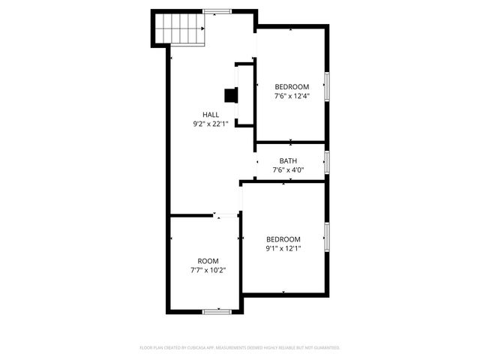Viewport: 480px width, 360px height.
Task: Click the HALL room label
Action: click(x=211, y=114)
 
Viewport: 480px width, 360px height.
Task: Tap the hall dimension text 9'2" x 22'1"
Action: click(x=211, y=124)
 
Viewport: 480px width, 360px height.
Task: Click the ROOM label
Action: click(x=208, y=261)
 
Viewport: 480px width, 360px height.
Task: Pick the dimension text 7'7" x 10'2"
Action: click(x=208, y=271)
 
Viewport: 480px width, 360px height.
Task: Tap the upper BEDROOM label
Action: click(x=292, y=86)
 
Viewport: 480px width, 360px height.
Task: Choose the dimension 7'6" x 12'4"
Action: click(x=292, y=96)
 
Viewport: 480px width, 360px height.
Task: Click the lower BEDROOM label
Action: click(x=283, y=239)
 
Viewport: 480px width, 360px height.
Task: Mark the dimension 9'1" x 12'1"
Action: click(x=283, y=249)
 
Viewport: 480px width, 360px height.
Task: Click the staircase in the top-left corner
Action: click(x=180, y=29)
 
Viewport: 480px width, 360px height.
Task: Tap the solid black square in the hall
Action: click(x=231, y=95)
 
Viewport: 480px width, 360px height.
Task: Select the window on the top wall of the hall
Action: click(x=218, y=10)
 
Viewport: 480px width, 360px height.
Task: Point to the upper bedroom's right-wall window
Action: click(x=326, y=86)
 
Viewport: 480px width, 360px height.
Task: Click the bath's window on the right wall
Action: click(x=326, y=161)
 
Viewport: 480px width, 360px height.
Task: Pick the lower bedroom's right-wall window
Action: click(x=326, y=235)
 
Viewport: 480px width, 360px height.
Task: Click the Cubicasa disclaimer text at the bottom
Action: click(x=240, y=348)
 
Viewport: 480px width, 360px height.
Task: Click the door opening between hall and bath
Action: click(x=255, y=160)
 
